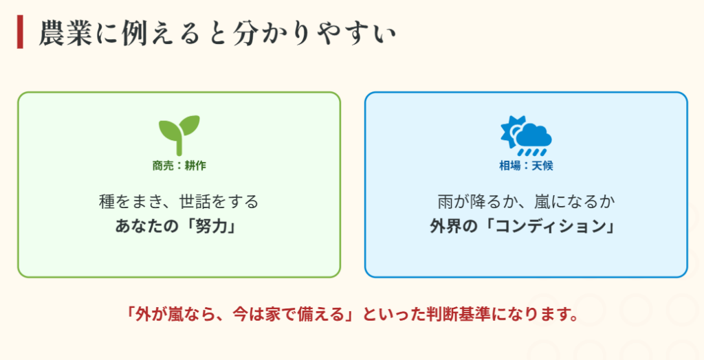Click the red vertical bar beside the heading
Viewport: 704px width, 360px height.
click(20, 32)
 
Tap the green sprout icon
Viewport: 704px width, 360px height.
click(179, 134)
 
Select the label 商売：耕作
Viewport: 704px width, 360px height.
click(179, 166)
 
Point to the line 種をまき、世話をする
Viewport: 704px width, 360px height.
click(179, 202)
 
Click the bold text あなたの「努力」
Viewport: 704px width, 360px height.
click(179, 227)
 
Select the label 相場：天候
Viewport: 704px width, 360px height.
click(526, 166)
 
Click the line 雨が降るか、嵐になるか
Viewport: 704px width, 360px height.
click(526, 202)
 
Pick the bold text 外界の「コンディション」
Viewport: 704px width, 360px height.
click(526, 227)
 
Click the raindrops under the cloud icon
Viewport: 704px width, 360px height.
click(533, 151)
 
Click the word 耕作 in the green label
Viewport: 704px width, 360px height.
click(195, 166)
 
